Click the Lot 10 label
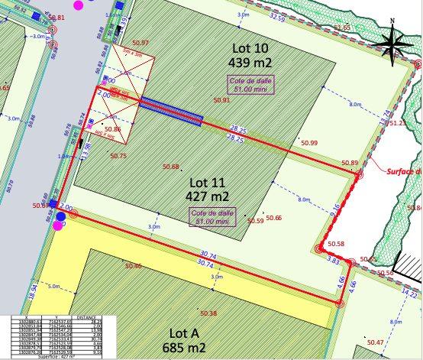coord(252,48)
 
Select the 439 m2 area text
coord(252,63)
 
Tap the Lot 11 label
coord(208,183)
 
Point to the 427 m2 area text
coord(208,196)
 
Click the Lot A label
coord(185,333)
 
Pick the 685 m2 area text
coord(185,348)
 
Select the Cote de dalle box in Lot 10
coord(249,84)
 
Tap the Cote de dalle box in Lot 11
coord(211,217)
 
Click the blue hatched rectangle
coord(171,111)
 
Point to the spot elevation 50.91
coord(222,100)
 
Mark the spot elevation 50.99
coord(309,143)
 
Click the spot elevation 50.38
coord(208,313)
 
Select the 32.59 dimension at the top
coord(278,18)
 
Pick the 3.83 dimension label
coord(333,261)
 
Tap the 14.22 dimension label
coord(409,293)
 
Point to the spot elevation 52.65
coord(341,28)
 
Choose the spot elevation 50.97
coord(140,43)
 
